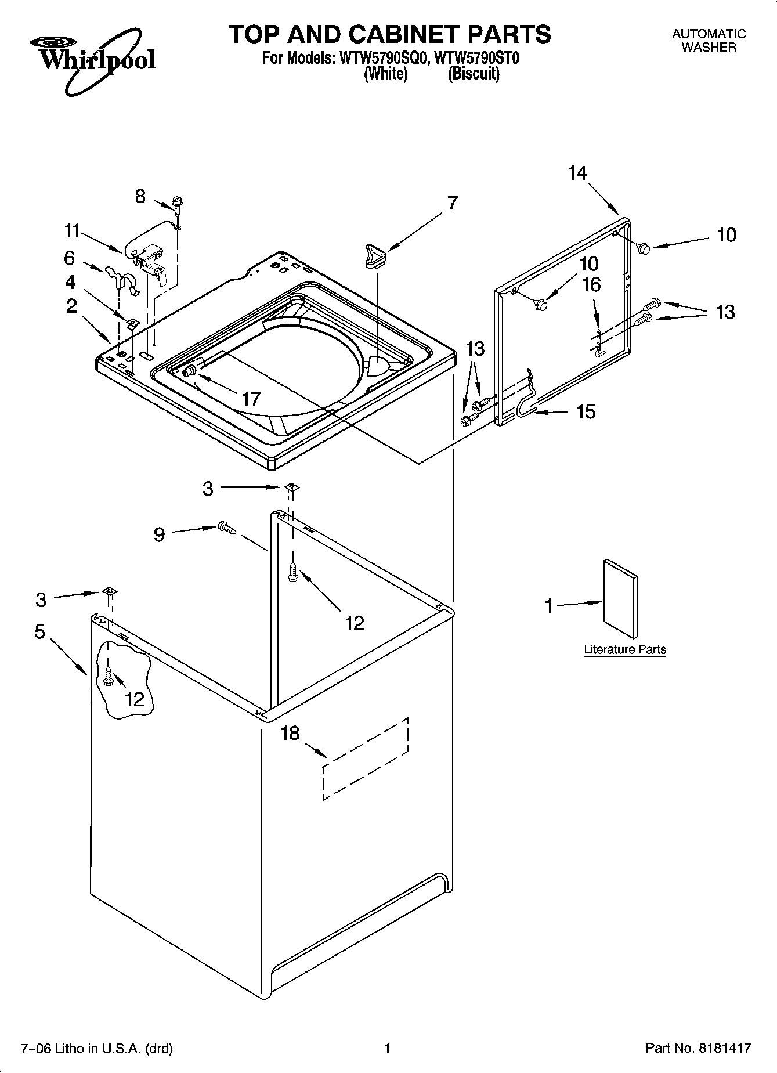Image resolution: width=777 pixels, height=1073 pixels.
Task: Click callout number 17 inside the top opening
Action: click(x=251, y=399)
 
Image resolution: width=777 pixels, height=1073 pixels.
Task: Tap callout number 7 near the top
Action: click(x=452, y=203)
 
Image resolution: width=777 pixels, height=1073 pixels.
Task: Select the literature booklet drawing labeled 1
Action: click(x=620, y=598)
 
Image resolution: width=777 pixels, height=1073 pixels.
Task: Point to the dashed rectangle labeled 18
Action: click(x=366, y=758)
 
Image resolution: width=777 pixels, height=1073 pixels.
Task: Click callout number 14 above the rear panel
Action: click(x=577, y=173)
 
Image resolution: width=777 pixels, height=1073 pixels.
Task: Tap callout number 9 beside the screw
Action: click(x=159, y=534)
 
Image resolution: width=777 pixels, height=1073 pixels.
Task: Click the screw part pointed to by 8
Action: click(x=176, y=205)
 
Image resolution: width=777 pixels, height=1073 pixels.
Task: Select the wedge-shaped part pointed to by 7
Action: click(x=373, y=256)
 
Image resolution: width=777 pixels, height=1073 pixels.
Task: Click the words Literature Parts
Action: click(x=624, y=649)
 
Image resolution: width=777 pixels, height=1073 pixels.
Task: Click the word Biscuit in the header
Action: click(x=474, y=75)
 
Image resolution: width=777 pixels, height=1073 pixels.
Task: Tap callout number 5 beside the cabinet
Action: click(x=40, y=631)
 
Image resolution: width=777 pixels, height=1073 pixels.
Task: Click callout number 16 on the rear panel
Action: click(x=591, y=284)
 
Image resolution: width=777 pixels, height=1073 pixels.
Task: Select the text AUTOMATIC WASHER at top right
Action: click(x=709, y=41)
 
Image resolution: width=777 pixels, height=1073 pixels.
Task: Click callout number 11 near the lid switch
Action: click(x=71, y=231)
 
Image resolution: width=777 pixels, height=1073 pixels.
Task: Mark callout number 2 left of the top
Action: click(x=71, y=306)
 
